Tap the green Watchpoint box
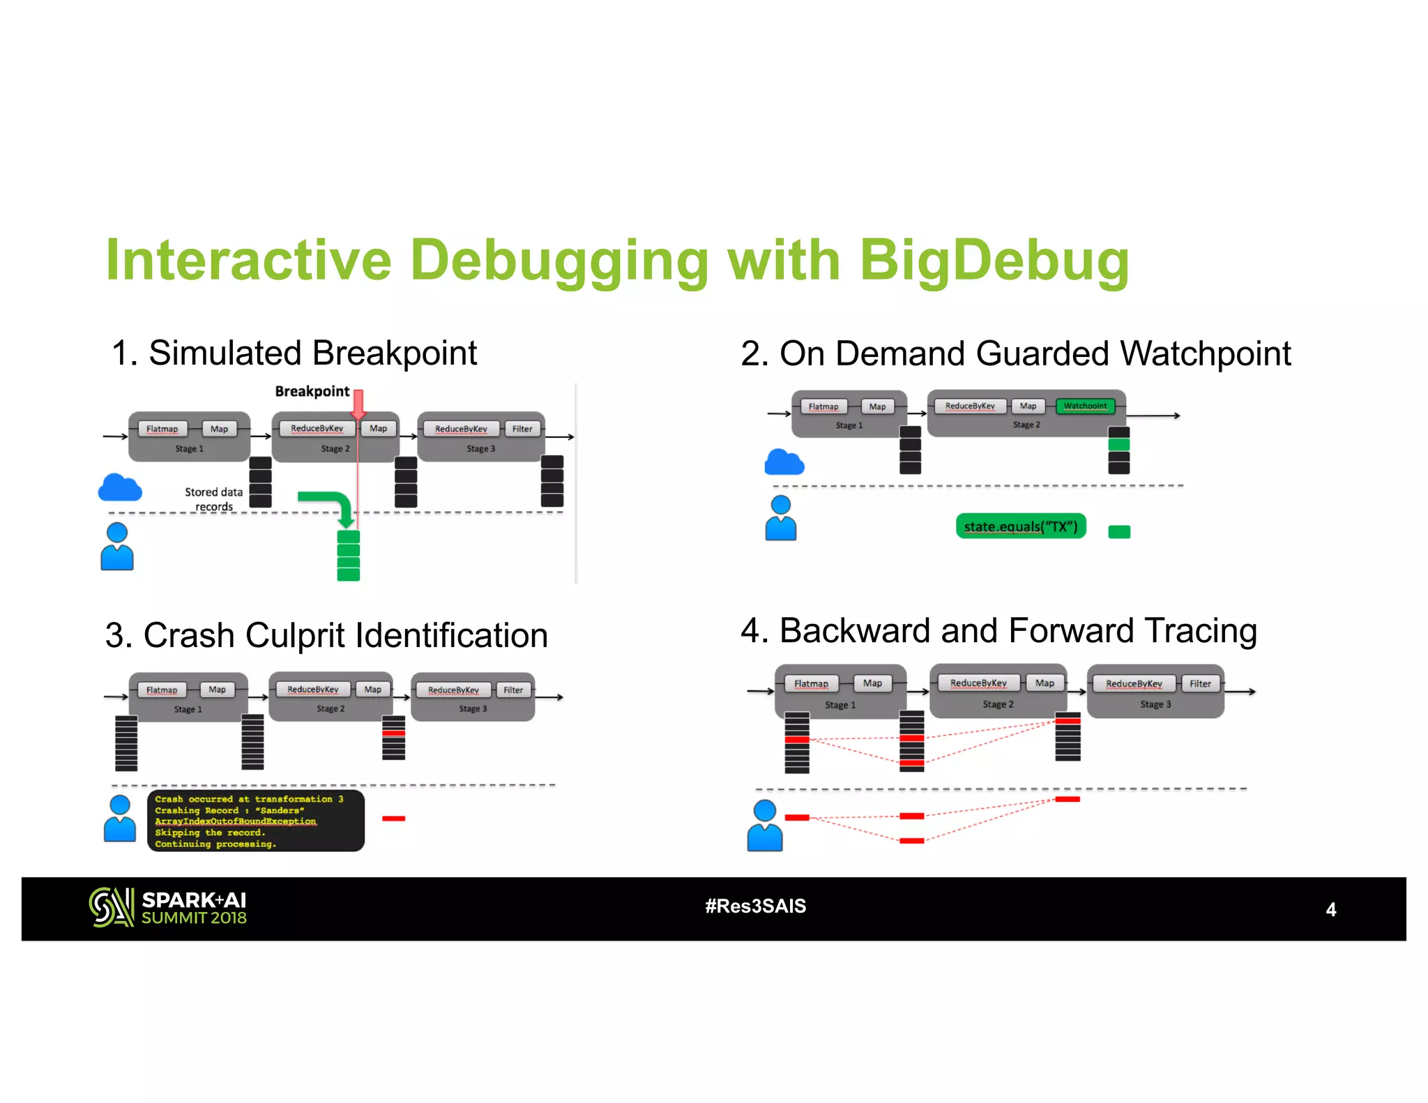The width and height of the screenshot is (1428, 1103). click(x=1085, y=406)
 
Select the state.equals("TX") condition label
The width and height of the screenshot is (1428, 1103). click(x=1021, y=526)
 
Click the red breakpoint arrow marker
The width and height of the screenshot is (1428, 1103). click(x=358, y=404)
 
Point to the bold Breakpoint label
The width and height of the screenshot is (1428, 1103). click(x=312, y=391)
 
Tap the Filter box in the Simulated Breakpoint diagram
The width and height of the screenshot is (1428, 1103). click(x=522, y=429)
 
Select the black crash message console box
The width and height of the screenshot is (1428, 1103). click(x=255, y=821)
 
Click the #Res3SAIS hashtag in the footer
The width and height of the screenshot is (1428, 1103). click(x=755, y=906)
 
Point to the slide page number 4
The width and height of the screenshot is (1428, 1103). click(x=1330, y=909)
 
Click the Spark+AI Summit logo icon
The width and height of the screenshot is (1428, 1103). click(x=110, y=907)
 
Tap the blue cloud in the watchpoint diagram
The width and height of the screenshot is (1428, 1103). click(x=784, y=462)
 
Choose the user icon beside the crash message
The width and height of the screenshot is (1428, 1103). click(x=120, y=819)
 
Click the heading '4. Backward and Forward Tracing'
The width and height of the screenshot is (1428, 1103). click(x=998, y=630)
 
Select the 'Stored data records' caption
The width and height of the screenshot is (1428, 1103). click(x=213, y=499)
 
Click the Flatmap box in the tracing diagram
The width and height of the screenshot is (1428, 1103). click(x=811, y=684)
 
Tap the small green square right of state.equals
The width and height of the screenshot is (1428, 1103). click(x=1118, y=532)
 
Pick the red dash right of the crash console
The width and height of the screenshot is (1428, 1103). click(x=393, y=819)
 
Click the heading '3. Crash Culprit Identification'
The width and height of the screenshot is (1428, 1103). click(x=326, y=635)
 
